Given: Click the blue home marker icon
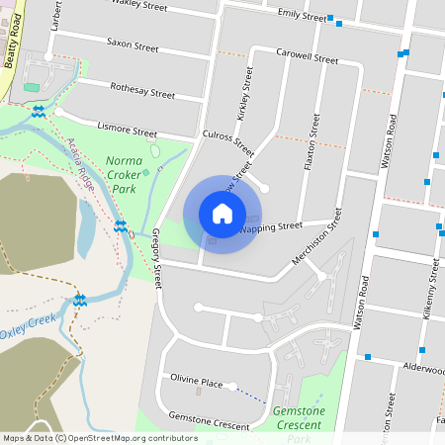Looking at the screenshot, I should [222, 213].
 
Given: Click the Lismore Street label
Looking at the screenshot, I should [127, 129].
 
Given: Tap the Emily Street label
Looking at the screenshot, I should [301, 16].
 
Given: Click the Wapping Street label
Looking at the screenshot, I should [270, 227].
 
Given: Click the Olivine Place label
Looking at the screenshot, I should [197, 382].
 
